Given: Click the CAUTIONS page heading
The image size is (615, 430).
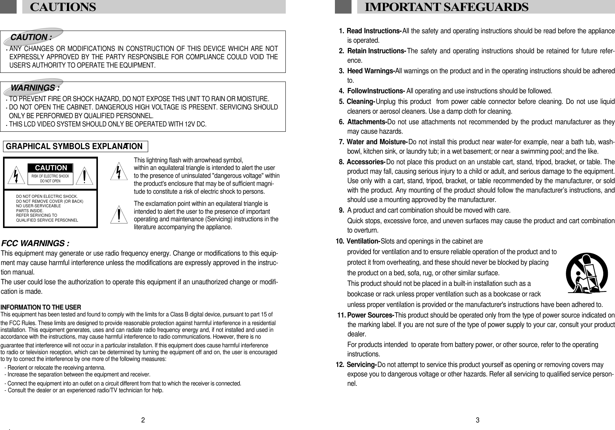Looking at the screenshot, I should click(x=63, y=7).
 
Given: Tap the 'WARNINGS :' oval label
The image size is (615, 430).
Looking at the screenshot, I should click(x=35, y=88).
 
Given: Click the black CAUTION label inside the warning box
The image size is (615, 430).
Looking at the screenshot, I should click(x=51, y=168).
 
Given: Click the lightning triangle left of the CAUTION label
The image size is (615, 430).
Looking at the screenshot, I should click(x=15, y=176).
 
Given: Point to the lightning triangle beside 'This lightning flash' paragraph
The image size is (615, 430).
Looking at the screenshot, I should click(x=119, y=171).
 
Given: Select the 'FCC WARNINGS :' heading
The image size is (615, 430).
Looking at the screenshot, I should click(x=36, y=243).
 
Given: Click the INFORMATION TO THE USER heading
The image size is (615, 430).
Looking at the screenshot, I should click(x=40, y=307).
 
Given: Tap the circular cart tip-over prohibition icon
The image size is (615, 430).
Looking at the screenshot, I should click(x=586, y=273).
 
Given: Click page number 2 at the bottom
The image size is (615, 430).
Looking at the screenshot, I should click(x=143, y=420).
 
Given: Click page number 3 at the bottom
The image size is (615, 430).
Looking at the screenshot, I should click(x=478, y=420).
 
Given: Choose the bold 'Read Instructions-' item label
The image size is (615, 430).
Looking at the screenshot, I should click(x=373, y=31).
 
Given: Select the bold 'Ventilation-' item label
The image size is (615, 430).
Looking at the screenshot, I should click(x=363, y=241).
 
